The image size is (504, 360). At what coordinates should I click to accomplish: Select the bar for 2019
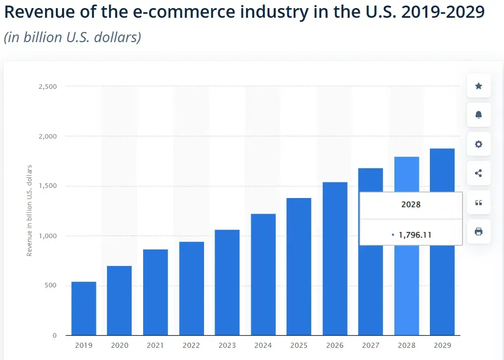tap(84, 308)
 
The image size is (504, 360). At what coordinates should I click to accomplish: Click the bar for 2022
tap(191, 288)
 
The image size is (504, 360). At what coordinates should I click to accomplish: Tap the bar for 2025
tap(299, 267)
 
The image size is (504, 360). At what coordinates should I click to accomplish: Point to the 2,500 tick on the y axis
tap(48, 87)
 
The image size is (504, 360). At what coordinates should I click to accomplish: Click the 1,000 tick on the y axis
tap(48, 236)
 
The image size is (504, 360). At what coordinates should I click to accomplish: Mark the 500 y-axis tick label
tap(51, 286)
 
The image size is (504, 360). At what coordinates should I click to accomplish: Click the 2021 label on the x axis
tap(155, 345)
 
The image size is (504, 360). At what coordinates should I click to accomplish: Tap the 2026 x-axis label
tap(334, 345)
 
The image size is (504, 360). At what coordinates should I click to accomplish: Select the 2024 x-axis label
tap(263, 345)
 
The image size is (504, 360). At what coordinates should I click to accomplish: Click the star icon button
tap(478, 86)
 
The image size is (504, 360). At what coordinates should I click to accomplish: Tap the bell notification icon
tap(478, 115)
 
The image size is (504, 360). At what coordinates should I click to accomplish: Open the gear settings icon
tap(478, 144)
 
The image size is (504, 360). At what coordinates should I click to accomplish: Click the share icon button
tap(478, 173)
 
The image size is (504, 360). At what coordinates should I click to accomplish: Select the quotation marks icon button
tap(478, 203)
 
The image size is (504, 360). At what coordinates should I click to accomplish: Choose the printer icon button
tap(478, 232)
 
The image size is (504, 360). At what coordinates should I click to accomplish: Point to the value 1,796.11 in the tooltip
tap(415, 235)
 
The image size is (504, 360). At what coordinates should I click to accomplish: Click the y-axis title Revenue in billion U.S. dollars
tap(29, 210)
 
